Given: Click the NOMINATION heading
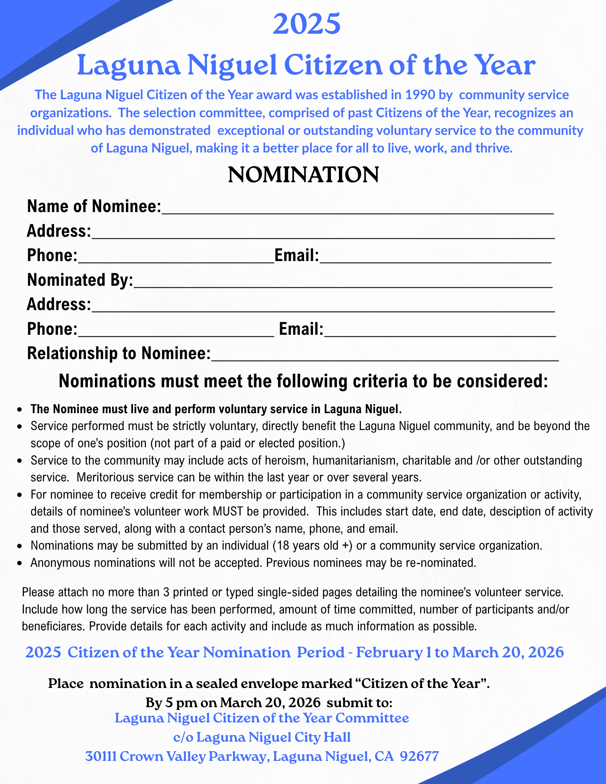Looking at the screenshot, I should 303,175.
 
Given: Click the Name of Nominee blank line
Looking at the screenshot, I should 357,208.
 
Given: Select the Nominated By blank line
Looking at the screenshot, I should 343,281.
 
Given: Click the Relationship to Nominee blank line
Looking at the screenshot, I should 384,354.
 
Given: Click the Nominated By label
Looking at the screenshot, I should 80,280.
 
